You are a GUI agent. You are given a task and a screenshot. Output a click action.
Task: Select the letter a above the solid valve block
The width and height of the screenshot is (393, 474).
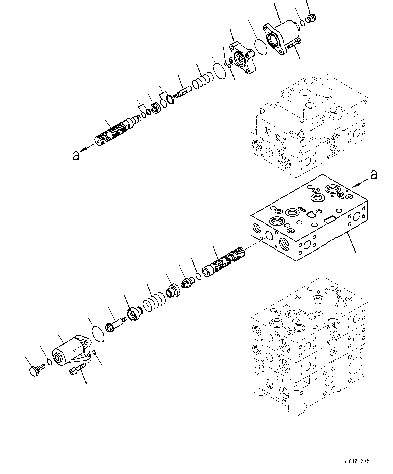[x=373, y=175]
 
